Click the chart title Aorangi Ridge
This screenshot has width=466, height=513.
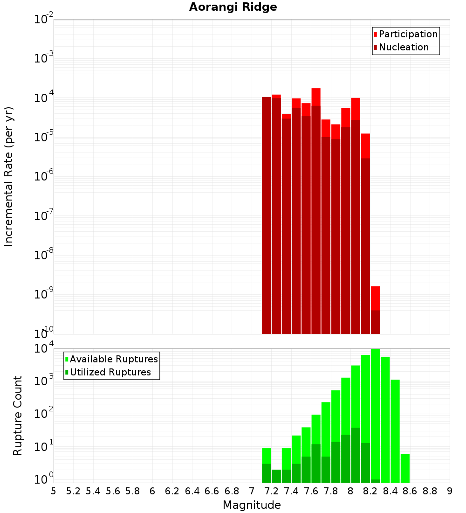click(x=233, y=7)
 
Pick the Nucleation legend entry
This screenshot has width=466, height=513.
click(x=404, y=48)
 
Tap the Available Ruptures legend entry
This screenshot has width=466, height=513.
click(x=114, y=360)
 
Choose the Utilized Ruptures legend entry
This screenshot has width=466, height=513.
click(x=110, y=373)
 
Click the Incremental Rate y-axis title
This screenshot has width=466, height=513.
click(x=9, y=176)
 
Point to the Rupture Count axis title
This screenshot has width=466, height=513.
click(x=18, y=416)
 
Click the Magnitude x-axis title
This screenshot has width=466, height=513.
click(x=252, y=505)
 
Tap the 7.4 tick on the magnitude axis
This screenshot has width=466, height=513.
click(x=291, y=491)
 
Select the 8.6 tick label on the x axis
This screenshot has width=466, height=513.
click(x=410, y=491)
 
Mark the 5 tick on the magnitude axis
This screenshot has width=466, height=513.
click(x=54, y=491)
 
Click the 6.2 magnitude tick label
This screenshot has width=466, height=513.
click(x=172, y=491)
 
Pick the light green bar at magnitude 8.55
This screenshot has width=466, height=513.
click(x=405, y=468)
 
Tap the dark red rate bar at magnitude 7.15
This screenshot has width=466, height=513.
click(x=267, y=215)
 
